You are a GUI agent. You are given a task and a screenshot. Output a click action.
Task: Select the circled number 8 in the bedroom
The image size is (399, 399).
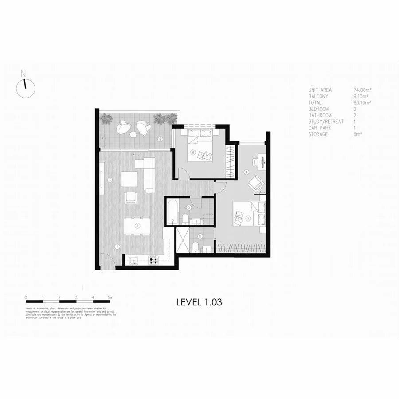pyautogui.click(x=193, y=153)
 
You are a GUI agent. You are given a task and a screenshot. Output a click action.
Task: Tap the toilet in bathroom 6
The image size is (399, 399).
pyautogui.click(x=196, y=246)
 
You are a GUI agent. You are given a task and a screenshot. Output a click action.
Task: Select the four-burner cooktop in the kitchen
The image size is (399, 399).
pyautogui.click(x=153, y=261)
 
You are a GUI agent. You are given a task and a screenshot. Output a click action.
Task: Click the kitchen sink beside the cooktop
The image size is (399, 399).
pyautogui.click(x=133, y=261)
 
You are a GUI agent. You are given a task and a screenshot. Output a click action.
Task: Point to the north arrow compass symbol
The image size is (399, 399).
pyautogui.click(x=25, y=87)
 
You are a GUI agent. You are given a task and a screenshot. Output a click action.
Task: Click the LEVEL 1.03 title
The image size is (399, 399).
pyautogui.click(x=199, y=302)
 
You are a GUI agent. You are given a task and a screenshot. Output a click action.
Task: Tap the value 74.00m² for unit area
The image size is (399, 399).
pyautogui.click(x=362, y=90)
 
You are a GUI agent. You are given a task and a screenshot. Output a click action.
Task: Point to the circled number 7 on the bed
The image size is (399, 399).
pyautogui.click(x=249, y=219)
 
